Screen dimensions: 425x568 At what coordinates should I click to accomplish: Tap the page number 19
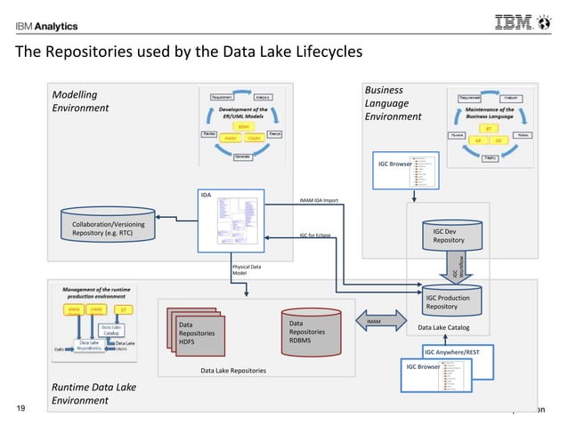[22, 408]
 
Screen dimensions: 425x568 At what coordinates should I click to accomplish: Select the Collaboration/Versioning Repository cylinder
[108, 228]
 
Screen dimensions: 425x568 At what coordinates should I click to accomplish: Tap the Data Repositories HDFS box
[195, 333]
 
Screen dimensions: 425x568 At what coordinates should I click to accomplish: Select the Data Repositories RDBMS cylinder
[312, 333]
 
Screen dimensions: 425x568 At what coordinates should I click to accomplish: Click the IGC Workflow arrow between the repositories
[452, 266]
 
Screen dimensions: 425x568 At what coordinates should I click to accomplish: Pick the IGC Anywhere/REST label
[451, 352]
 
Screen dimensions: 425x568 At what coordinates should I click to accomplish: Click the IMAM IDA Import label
[318, 201]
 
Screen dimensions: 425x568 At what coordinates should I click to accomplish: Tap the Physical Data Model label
[246, 269]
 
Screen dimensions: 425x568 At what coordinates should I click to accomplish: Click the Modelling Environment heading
[80, 100]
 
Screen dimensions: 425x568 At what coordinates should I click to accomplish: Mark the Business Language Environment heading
[393, 103]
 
